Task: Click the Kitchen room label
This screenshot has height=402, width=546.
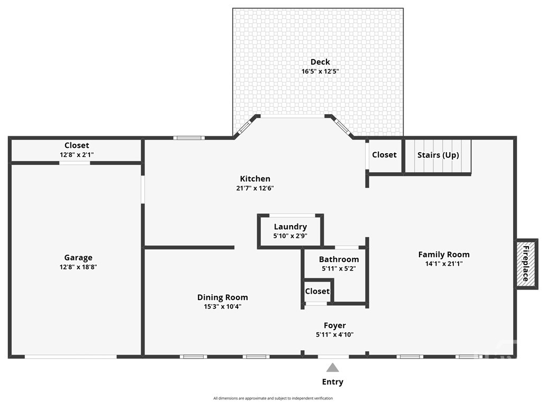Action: (255, 179)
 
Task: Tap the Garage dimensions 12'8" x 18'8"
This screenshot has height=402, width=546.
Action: (78, 267)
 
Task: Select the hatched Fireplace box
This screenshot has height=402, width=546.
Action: (526, 264)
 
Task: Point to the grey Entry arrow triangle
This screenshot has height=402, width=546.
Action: (333, 368)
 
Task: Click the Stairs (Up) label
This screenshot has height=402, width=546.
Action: (438, 155)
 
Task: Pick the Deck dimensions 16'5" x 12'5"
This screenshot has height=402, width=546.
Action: (320, 71)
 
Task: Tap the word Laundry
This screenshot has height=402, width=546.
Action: (290, 227)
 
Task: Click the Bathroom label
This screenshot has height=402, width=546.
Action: (339, 259)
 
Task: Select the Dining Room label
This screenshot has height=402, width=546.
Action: (223, 297)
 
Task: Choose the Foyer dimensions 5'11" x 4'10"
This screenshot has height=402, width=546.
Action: (334, 334)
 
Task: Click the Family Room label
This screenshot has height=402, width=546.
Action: (444, 255)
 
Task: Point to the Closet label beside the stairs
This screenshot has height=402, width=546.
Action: (384, 155)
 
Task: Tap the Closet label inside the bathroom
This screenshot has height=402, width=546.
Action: (317, 291)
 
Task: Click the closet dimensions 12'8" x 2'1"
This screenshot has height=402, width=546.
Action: (77, 155)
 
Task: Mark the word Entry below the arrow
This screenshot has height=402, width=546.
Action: (333, 382)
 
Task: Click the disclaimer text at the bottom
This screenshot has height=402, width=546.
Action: (273, 398)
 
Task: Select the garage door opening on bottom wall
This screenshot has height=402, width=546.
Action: (71, 357)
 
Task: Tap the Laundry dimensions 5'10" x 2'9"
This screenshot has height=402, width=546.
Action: (290, 236)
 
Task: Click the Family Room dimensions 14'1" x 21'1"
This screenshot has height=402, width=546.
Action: (444, 264)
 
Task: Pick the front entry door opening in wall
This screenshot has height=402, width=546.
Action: (333, 357)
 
